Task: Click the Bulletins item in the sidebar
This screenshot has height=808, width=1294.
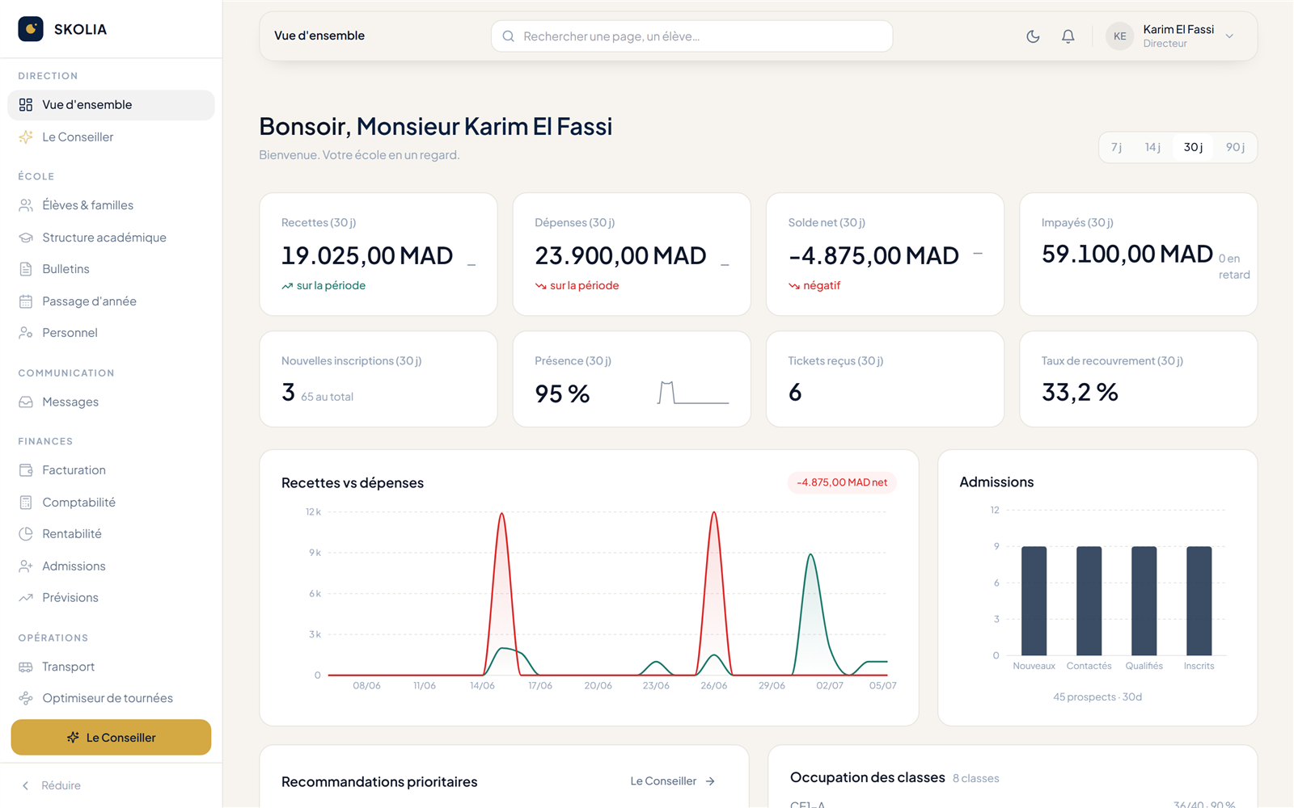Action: [x=66, y=269]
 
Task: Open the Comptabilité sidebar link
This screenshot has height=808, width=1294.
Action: [x=78, y=502]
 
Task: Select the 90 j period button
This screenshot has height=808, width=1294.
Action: [x=1235, y=147]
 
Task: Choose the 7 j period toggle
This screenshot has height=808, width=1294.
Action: [x=1117, y=147]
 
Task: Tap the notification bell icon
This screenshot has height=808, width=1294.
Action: [x=1068, y=36]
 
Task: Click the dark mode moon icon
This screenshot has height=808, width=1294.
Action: [x=1033, y=36]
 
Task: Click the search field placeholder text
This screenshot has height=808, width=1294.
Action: [x=611, y=36]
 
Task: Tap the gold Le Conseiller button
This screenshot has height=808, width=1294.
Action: [x=111, y=737]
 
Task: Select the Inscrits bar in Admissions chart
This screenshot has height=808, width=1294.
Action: [x=1199, y=601]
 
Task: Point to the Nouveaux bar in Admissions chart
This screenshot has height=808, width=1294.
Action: [x=1034, y=601]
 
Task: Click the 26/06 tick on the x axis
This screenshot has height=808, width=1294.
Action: [x=713, y=686]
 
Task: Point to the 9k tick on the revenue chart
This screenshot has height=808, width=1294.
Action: [x=315, y=553]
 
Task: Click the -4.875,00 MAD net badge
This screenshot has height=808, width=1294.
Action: [x=842, y=482]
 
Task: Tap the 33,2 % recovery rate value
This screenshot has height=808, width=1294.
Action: [x=1080, y=393]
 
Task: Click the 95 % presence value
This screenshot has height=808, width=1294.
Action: [x=562, y=393]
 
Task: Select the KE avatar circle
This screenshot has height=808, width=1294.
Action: [x=1119, y=36]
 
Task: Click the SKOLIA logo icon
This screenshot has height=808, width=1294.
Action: [x=31, y=29]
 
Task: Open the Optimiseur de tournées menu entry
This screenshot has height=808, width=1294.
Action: [x=108, y=698]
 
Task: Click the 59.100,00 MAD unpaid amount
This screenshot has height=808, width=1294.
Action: [x=1127, y=254]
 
